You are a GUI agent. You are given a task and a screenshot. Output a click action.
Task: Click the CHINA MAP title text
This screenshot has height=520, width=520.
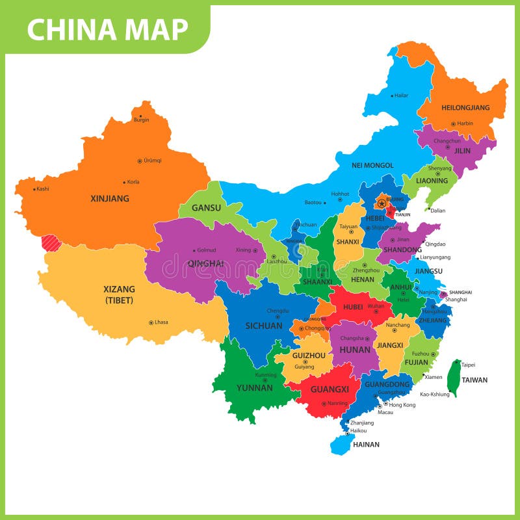pyautogui.click(x=107, y=29)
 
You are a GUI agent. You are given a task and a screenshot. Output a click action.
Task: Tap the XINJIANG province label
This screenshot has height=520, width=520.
pyautogui.click(x=109, y=198)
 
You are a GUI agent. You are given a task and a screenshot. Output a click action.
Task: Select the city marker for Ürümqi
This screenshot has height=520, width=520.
pyautogui.click(x=139, y=161)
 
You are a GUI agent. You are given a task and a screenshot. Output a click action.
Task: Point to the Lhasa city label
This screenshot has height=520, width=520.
pyautogui.click(x=161, y=322)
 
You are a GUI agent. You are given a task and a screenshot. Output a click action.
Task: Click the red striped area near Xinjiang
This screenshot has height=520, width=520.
pyautogui.click(x=51, y=243)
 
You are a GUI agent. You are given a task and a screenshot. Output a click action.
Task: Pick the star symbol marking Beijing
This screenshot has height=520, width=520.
pyautogui.click(x=382, y=203)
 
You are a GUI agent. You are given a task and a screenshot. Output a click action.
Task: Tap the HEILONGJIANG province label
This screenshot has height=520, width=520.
pyautogui.click(x=465, y=108)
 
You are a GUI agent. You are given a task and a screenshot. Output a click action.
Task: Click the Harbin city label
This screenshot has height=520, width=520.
pyautogui.click(x=465, y=123)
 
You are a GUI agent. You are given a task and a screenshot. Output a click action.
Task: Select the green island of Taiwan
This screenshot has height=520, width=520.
pyautogui.click(x=456, y=377)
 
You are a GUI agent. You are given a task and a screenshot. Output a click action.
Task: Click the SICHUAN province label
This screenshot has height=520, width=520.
pyautogui.click(x=264, y=326)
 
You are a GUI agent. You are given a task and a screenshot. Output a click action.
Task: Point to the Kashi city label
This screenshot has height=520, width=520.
pyautogui.click(x=43, y=189)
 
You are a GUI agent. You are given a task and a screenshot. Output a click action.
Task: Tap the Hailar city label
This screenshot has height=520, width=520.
pyautogui.click(x=401, y=96)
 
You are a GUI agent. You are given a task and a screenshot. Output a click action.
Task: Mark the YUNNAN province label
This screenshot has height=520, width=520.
pyautogui.click(x=255, y=387)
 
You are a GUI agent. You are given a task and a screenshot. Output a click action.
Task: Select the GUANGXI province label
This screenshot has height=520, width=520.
pyautogui.click(x=330, y=389)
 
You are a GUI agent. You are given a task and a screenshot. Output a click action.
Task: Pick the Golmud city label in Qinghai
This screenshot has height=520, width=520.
pyautogui.click(x=206, y=250)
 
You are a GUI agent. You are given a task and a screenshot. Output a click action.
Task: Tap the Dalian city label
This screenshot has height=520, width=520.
pyautogui.click(x=437, y=210)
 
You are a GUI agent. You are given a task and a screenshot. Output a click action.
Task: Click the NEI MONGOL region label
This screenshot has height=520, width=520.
pyautogui.click(x=372, y=165)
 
